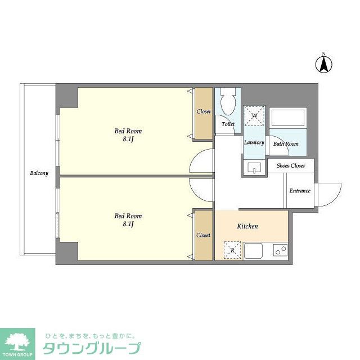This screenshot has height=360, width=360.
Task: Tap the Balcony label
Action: coord(39,173)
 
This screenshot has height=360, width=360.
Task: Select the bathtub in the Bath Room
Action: coord(287,119)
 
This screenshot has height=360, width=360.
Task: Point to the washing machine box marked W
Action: coord(254,115)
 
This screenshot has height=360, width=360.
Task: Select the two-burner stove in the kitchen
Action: coord(280,251)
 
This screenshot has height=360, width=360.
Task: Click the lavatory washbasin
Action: coord(254,168)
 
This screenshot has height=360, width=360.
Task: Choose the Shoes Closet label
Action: coord(290,166)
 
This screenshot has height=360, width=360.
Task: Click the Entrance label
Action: coord(300,191)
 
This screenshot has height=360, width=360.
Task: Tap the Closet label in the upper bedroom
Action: coord(204,111)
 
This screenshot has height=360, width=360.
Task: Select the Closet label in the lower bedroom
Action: coord(204,235)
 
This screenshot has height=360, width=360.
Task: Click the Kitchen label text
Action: coord(247,226)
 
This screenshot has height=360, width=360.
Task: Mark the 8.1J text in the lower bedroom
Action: coord(128,223)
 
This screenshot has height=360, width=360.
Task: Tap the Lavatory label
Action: coord(254,143)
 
